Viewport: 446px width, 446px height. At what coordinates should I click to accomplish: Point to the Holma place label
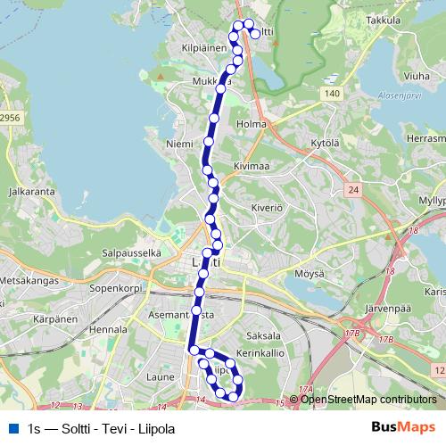[252, 123]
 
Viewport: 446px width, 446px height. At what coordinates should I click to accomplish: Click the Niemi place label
[179, 143]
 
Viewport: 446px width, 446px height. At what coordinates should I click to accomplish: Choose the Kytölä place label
[326, 143]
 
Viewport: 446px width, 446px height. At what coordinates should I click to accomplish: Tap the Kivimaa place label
[252, 165]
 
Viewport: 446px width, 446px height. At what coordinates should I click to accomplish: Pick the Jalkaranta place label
[31, 191]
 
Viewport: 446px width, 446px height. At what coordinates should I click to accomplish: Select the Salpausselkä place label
[131, 252]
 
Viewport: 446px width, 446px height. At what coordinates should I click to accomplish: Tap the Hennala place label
[109, 328]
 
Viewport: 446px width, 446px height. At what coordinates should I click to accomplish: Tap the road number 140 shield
[332, 93]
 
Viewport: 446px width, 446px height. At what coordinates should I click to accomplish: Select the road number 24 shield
[353, 189]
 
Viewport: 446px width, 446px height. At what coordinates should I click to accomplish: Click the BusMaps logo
[403, 427]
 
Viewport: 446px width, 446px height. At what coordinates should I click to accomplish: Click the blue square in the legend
[12, 428]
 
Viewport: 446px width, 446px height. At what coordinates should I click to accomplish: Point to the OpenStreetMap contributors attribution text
[368, 400]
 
